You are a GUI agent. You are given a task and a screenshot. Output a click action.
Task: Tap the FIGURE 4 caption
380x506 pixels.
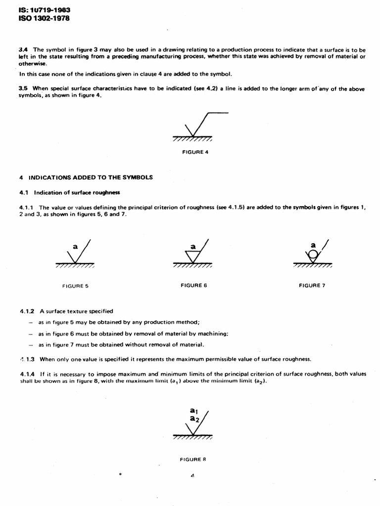pyautogui.click(x=195, y=152)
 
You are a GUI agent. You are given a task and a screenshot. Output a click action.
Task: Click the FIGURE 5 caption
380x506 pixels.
pyautogui.click(x=76, y=286)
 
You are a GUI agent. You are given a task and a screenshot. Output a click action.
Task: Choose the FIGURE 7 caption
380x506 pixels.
pyautogui.click(x=312, y=285)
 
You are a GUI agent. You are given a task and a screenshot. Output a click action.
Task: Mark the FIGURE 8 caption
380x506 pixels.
pyautogui.click(x=193, y=459)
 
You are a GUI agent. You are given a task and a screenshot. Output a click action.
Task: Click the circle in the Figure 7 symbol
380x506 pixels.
pyautogui.click(x=312, y=255)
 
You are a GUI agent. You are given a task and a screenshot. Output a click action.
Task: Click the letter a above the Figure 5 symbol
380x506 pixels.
pyautogui.click(x=75, y=245)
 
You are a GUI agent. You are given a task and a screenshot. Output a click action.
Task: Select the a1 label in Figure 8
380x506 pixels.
pyautogui.click(x=193, y=410)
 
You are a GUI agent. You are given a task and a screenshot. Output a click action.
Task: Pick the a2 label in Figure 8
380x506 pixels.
pyautogui.click(x=194, y=419)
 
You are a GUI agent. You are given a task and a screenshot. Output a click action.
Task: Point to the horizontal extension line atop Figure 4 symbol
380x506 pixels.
pyautogui.click(x=218, y=113)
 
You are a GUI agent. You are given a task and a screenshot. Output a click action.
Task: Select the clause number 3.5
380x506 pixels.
pyautogui.click(x=23, y=89)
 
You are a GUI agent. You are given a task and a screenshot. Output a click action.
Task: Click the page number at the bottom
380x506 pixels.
pyautogui.click(x=192, y=475)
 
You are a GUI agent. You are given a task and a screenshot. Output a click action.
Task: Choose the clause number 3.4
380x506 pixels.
pyautogui.click(x=23, y=50)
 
